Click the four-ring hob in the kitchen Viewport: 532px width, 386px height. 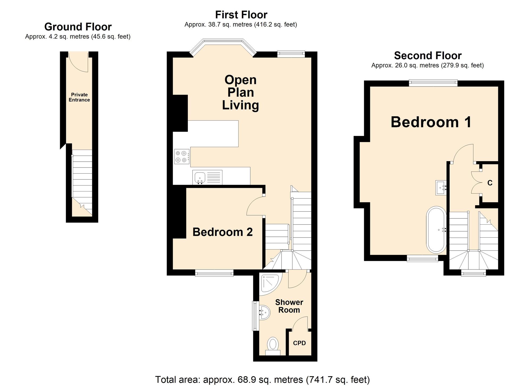click(x=181, y=157)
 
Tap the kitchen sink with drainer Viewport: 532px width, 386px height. click(x=207, y=177)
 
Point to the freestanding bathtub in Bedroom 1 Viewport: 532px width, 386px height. click(x=436, y=229)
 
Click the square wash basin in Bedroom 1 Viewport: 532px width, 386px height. click(x=440, y=188)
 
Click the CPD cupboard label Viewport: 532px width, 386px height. click(x=299, y=343)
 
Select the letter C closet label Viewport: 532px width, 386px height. click(x=490, y=183)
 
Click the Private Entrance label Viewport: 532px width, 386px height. click(x=79, y=97)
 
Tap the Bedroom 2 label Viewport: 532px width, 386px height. click(x=222, y=232)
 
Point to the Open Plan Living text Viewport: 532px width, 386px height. click(x=240, y=92)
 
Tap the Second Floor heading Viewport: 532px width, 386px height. click(x=427, y=55)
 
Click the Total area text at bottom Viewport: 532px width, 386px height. click(x=262, y=379)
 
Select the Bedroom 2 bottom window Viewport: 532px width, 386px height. click(x=214, y=273)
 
